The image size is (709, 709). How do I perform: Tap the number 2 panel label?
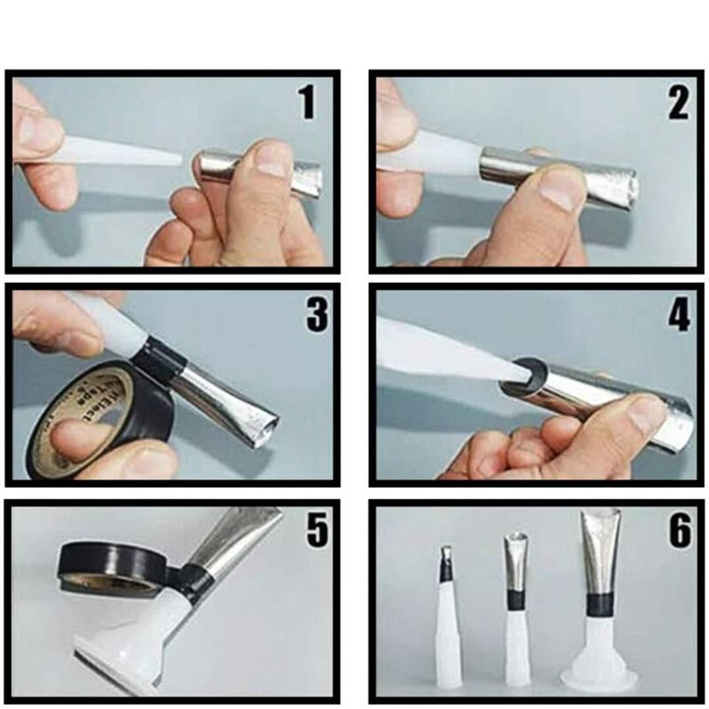point(679,104)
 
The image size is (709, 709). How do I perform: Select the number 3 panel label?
point(316,314)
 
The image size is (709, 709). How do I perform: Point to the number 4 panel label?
point(679,316)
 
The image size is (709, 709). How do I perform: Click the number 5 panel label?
point(316,530)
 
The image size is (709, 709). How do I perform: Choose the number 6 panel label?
point(679,530)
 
